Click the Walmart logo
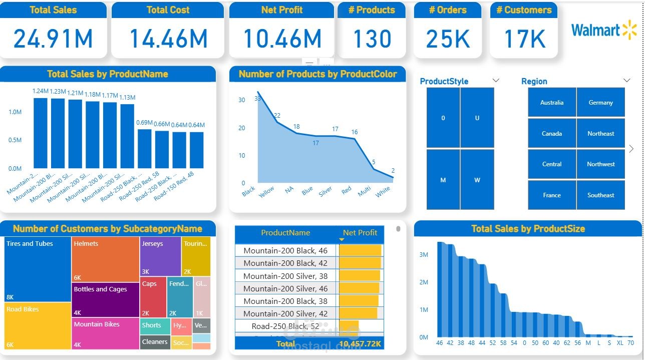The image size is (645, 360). point(603,30)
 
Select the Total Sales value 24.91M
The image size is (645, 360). point(53,39)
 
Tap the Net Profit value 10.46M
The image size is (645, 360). point(282,39)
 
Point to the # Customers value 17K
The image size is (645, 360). point(524,39)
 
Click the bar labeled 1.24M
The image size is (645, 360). point(41,133)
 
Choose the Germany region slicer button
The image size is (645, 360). point(601,103)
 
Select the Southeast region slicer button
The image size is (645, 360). point(601,195)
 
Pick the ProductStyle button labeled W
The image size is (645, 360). point(477,180)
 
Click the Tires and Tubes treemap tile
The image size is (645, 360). point(38,269)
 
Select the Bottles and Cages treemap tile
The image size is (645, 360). point(105,299)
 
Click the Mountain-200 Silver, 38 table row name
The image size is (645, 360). point(285,276)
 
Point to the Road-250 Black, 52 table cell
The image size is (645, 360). point(285,326)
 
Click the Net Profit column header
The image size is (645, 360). point(360,233)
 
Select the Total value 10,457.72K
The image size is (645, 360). point(360,344)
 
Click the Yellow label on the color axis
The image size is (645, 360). point(266,192)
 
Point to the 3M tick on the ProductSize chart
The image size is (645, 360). point(424,255)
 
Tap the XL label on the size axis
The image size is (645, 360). point(620,343)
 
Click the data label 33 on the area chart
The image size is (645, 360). point(258,98)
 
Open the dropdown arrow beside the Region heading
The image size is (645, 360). point(626,81)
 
